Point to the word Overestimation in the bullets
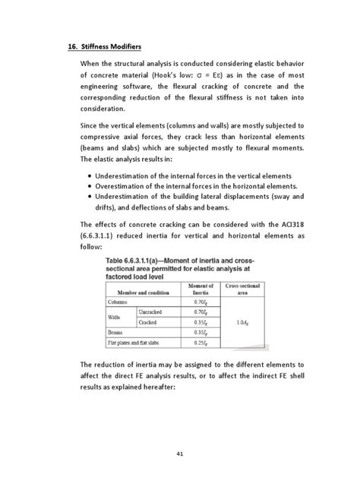click(126, 185)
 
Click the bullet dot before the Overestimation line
click(90, 185)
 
